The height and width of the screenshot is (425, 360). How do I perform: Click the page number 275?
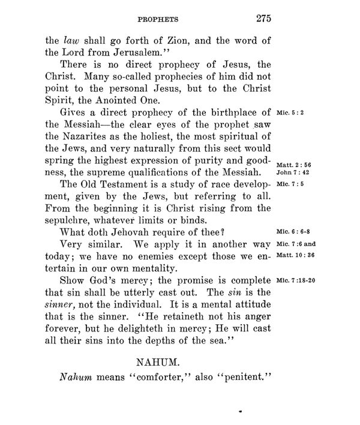coord(262,17)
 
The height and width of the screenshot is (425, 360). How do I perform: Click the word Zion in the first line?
coord(166,41)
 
